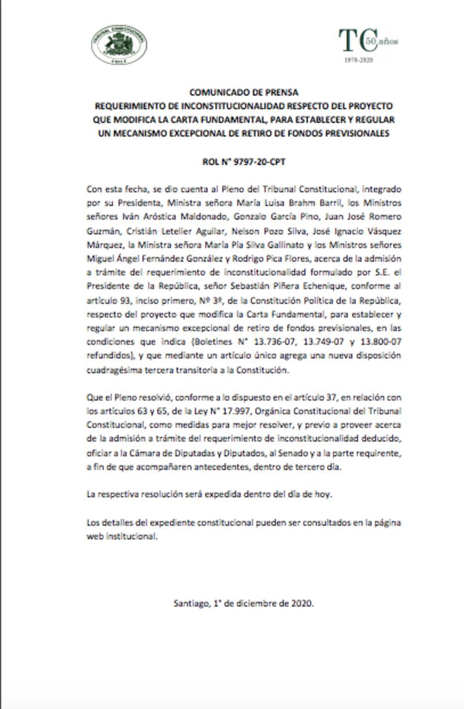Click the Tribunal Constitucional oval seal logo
tap(118, 44)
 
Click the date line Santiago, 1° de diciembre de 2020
tap(244, 603)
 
